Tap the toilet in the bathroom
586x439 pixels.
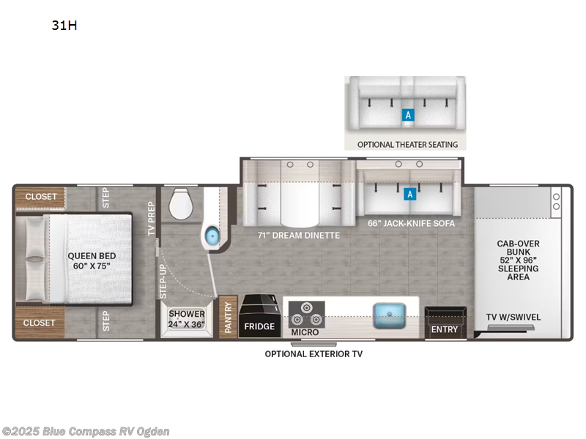[x=180, y=204]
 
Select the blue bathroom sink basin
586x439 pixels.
[x=212, y=236]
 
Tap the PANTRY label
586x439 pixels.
[x=228, y=318]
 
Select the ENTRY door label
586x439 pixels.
[x=445, y=329]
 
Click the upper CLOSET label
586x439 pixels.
[x=40, y=197]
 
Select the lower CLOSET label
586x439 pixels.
[x=40, y=321]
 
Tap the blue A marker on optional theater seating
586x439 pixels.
[x=408, y=115]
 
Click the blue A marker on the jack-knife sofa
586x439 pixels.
[x=410, y=194]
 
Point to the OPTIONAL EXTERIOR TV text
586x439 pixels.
[x=314, y=354]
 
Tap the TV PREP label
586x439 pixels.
[x=152, y=217]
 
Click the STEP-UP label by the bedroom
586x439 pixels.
[x=163, y=280]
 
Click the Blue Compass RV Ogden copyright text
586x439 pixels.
[x=86, y=431]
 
